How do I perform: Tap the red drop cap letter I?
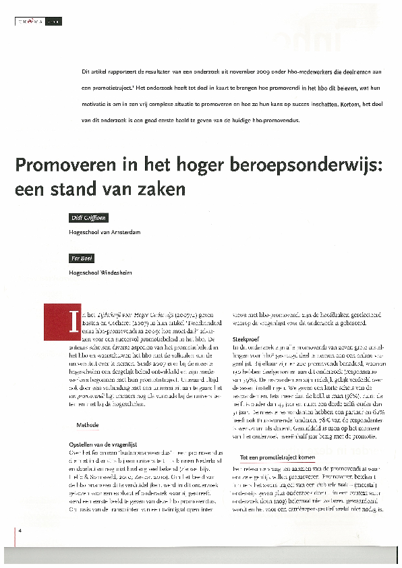71,320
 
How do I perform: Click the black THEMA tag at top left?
30,22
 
